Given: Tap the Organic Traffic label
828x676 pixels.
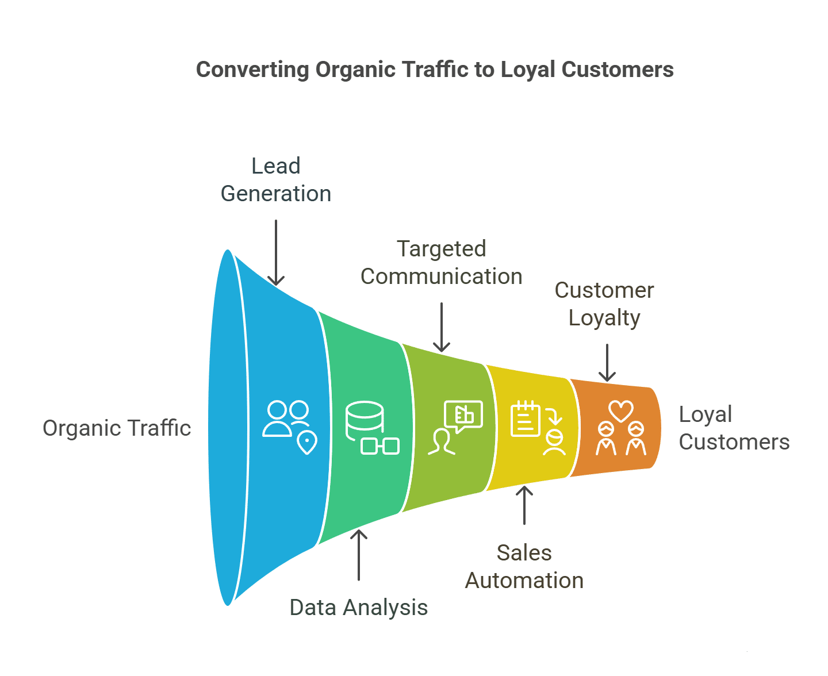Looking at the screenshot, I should coord(117,428).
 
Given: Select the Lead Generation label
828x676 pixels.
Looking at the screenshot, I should coord(276,180).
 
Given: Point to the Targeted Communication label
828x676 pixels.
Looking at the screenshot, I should coord(442,263).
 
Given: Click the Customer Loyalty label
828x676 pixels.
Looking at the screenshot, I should coord(604,304).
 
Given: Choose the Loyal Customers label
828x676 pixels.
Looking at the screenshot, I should coord(734,428).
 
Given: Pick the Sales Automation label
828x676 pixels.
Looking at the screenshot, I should coord(524,567).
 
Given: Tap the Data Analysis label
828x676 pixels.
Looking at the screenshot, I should coord(359,608).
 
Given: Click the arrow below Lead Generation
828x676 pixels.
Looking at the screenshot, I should coord(276,253).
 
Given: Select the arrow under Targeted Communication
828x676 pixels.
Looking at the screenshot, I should coord(442,327).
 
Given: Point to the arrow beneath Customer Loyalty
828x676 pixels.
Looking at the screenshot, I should coord(607,363).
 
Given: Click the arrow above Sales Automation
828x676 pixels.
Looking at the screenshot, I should coord(524,505).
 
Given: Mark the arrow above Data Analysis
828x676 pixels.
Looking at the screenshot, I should coord(359,555).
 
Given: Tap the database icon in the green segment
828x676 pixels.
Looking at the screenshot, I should coord(365,420).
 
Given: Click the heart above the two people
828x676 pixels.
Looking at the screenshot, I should coord(621,410).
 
